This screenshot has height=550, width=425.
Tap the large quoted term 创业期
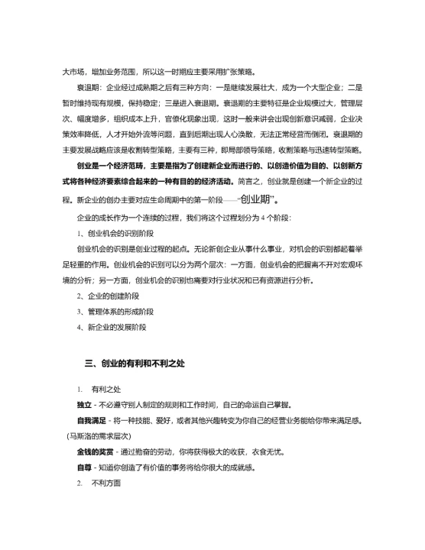[257, 200]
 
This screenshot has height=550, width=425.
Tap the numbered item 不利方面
[106, 484]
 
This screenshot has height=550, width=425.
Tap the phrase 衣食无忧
[277, 451]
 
